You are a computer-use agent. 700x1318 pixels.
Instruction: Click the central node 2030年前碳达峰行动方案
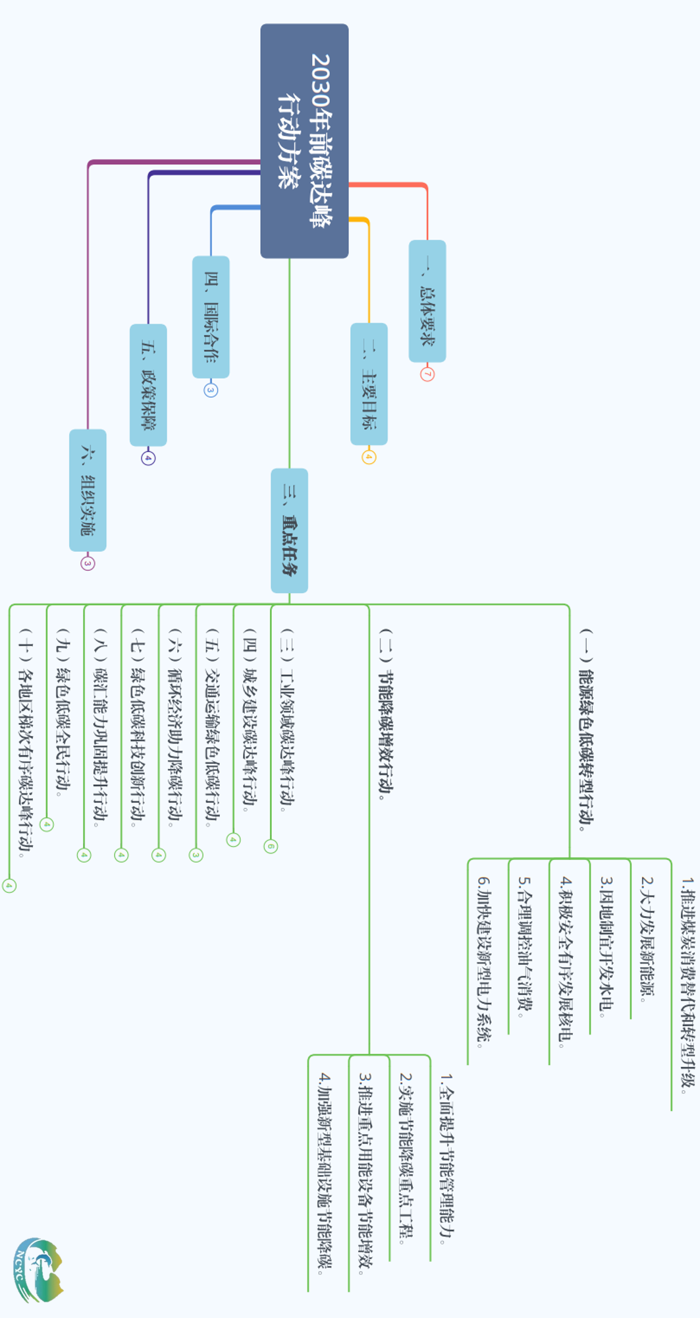(304, 140)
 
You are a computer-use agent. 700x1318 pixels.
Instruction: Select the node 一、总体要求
(427, 301)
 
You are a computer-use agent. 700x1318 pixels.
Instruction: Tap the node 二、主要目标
(369, 384)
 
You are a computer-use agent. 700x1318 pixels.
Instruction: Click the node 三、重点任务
(290, 530)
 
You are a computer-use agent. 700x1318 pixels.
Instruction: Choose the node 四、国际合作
(211, 317)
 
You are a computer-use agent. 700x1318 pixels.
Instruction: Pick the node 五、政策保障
(148, 385)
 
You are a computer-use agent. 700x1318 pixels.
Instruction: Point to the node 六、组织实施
(88, 490)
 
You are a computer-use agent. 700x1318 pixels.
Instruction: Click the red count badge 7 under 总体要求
(427, 374)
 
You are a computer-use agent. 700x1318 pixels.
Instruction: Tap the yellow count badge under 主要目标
(369, 457)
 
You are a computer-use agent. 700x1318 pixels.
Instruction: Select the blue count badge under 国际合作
(211, 390)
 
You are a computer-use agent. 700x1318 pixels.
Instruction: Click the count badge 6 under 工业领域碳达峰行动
(271, 846)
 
